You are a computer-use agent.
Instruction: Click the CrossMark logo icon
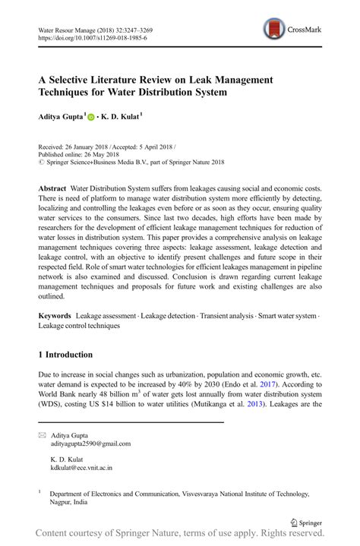pyautogui.click(x=274, y=30)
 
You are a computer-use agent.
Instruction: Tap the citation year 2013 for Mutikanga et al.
pyautogui.click(x=276, y=406)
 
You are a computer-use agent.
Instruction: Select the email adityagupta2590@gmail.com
pyautogui.click(x=90, y=444)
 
